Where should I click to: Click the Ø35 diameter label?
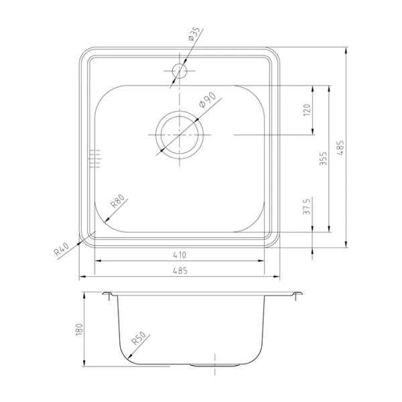tap(196, 36)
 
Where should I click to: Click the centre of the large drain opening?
tap(179, 134)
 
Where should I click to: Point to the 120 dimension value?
tap(308, 110)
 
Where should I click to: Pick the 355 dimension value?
tap(324, 159)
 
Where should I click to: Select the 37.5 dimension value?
tap(308, 206)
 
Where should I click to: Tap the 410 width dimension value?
tap(179, 255)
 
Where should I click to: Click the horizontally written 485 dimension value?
tap(179, 270)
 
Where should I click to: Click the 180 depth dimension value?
tap(78, 329)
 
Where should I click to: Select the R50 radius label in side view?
tap(139, 341)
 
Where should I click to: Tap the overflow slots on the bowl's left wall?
tap(94, 158)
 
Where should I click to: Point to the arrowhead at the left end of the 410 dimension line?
tap(96, 261)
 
